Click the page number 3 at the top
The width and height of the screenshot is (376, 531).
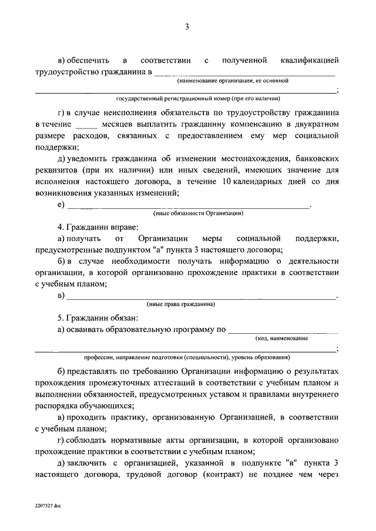[187, 26]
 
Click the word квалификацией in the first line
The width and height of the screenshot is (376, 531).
[309, 60]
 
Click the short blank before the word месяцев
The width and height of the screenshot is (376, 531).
[85, 125]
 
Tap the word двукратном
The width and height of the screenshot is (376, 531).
[312, 125]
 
